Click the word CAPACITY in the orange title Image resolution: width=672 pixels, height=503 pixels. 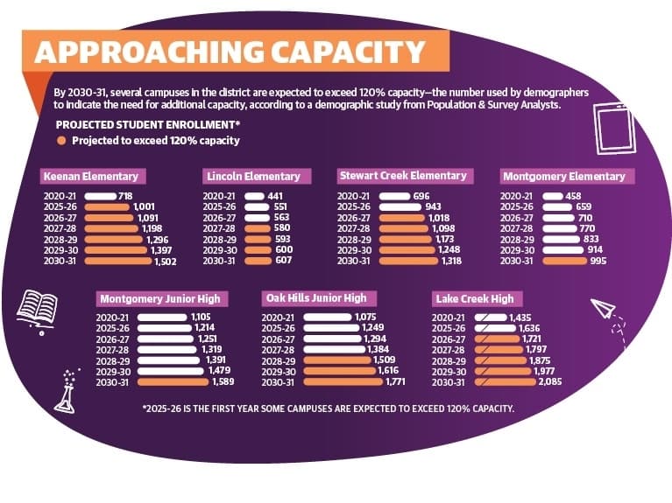click(x=347, y=52)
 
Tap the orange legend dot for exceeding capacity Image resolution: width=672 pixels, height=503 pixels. click(x=61, y=141)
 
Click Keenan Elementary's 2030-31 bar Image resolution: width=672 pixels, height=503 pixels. click(x=118, y=262)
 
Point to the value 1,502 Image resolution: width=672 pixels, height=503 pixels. click(x=166, y=262)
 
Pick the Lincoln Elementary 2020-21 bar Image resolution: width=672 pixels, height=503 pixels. click(x=254, y=196)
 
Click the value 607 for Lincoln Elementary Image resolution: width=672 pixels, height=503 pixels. click(x=284, y=261)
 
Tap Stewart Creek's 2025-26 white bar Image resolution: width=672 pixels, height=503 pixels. click(x=400, y=207)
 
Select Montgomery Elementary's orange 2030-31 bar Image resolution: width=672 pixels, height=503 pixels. click(x=564, y=261)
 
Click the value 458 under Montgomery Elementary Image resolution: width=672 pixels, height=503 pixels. click(x=573, y=196)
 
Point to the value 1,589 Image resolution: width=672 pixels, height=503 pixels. click(x=223, y=381)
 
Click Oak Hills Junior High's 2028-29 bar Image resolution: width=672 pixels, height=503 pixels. click(x=337, y=361)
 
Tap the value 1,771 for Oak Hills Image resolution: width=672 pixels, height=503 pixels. click(x=395, y=381)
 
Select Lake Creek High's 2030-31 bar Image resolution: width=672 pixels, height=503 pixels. click(x=505, y=382)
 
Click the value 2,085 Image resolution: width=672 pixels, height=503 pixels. click(x=550, y=381)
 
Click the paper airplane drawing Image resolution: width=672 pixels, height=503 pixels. click(x=603, y=308)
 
